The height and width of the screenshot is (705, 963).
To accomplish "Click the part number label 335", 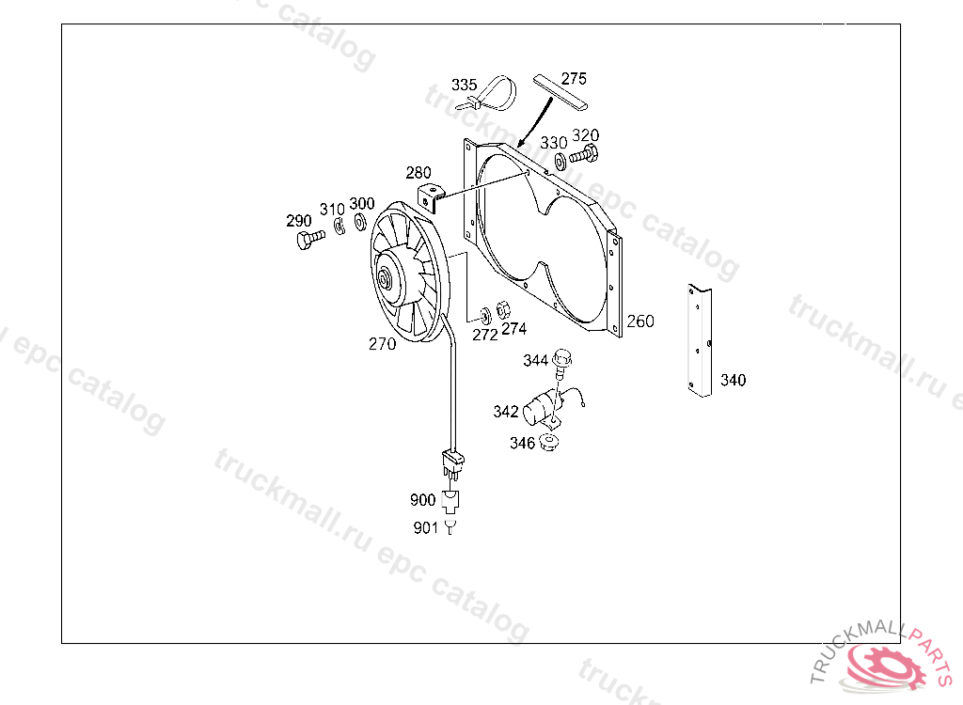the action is (464, 86).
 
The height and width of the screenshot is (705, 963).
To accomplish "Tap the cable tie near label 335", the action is (498, 94).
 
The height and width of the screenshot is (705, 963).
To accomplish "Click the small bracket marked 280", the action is (430, 197).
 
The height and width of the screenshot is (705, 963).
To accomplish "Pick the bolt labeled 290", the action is (306, 241).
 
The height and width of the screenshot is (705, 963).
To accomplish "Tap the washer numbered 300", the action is (359, 224).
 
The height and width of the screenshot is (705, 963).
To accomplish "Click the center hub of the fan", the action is (385, 278).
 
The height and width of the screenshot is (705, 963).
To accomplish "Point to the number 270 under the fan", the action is (382, 344).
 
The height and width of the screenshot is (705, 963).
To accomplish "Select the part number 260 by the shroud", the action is (639, 321).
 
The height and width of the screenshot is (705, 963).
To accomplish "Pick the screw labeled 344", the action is (562, 360).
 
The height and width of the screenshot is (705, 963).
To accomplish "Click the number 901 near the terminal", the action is (425, 528).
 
